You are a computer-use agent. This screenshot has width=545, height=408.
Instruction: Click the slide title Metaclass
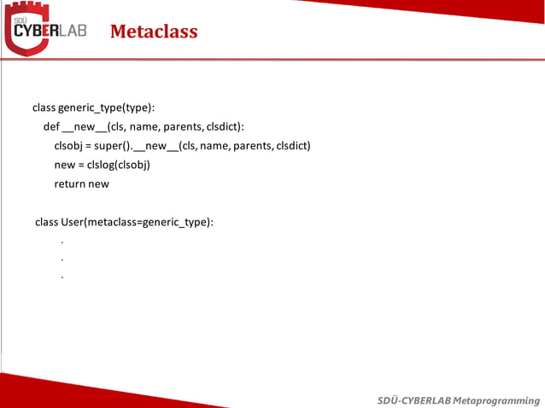point(154,32)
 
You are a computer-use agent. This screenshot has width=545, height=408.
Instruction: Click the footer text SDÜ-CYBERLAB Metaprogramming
point(459,400)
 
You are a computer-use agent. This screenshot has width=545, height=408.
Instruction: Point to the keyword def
point(51,126)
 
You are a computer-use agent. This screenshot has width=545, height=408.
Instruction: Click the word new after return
point(98,183)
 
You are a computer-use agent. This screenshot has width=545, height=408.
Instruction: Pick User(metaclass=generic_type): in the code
point(137,222)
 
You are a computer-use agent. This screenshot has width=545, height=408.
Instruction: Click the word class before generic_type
point(44,108)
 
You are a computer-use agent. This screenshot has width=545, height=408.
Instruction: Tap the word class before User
point(46,222)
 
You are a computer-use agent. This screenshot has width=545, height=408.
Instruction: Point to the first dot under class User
point(62,242)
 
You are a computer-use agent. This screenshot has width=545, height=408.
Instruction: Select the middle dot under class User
point(62,259)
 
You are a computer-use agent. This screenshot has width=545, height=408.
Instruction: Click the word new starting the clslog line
point(64,164)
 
